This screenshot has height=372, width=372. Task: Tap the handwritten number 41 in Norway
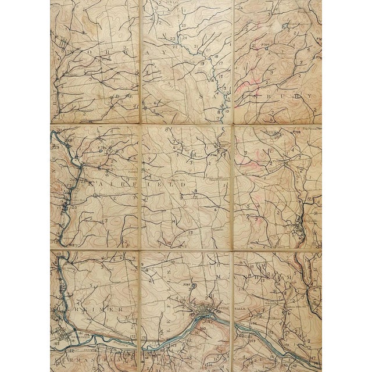click(135, 106)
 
